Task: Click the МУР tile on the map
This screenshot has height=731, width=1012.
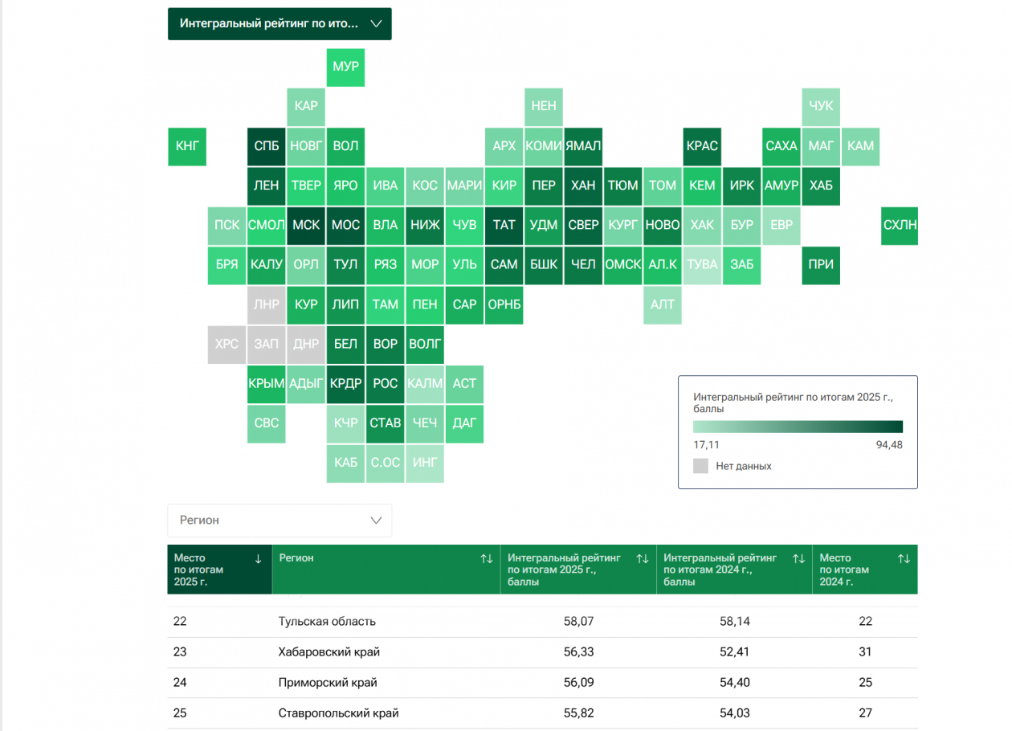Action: click(345, 67)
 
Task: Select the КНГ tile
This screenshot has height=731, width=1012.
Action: click(187, 146)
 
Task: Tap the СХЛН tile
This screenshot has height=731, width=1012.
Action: click(900, 226)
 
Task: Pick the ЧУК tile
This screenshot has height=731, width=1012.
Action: click(821, 107)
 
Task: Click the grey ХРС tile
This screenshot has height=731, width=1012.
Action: click(226, 345)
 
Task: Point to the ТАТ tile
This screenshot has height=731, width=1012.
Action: click(504, 226)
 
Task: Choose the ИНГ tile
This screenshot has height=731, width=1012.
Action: click(425, 464)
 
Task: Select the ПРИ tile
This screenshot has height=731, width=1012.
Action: click(821, 266)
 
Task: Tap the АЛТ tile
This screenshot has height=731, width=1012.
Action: click(663, 305)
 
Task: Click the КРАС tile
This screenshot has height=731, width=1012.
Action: click(702, 146)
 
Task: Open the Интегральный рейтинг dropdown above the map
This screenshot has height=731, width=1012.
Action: click(280, 24)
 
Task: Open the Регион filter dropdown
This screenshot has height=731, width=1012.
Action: click(280, 521)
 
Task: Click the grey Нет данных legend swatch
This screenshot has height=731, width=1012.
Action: click(700, 466)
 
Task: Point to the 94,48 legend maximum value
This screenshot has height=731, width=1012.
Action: click(889, 445)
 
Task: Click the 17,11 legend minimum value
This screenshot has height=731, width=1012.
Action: click(706, 445)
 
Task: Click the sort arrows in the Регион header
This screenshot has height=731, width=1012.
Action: click(487, 559)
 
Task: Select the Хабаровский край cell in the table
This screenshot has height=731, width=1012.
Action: click(329, 652)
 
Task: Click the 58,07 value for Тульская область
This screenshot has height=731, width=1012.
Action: click(579, 621)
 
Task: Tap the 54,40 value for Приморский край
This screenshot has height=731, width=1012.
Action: click(735, 682)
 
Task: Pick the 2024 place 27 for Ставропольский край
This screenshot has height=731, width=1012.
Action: click(865, 713)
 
